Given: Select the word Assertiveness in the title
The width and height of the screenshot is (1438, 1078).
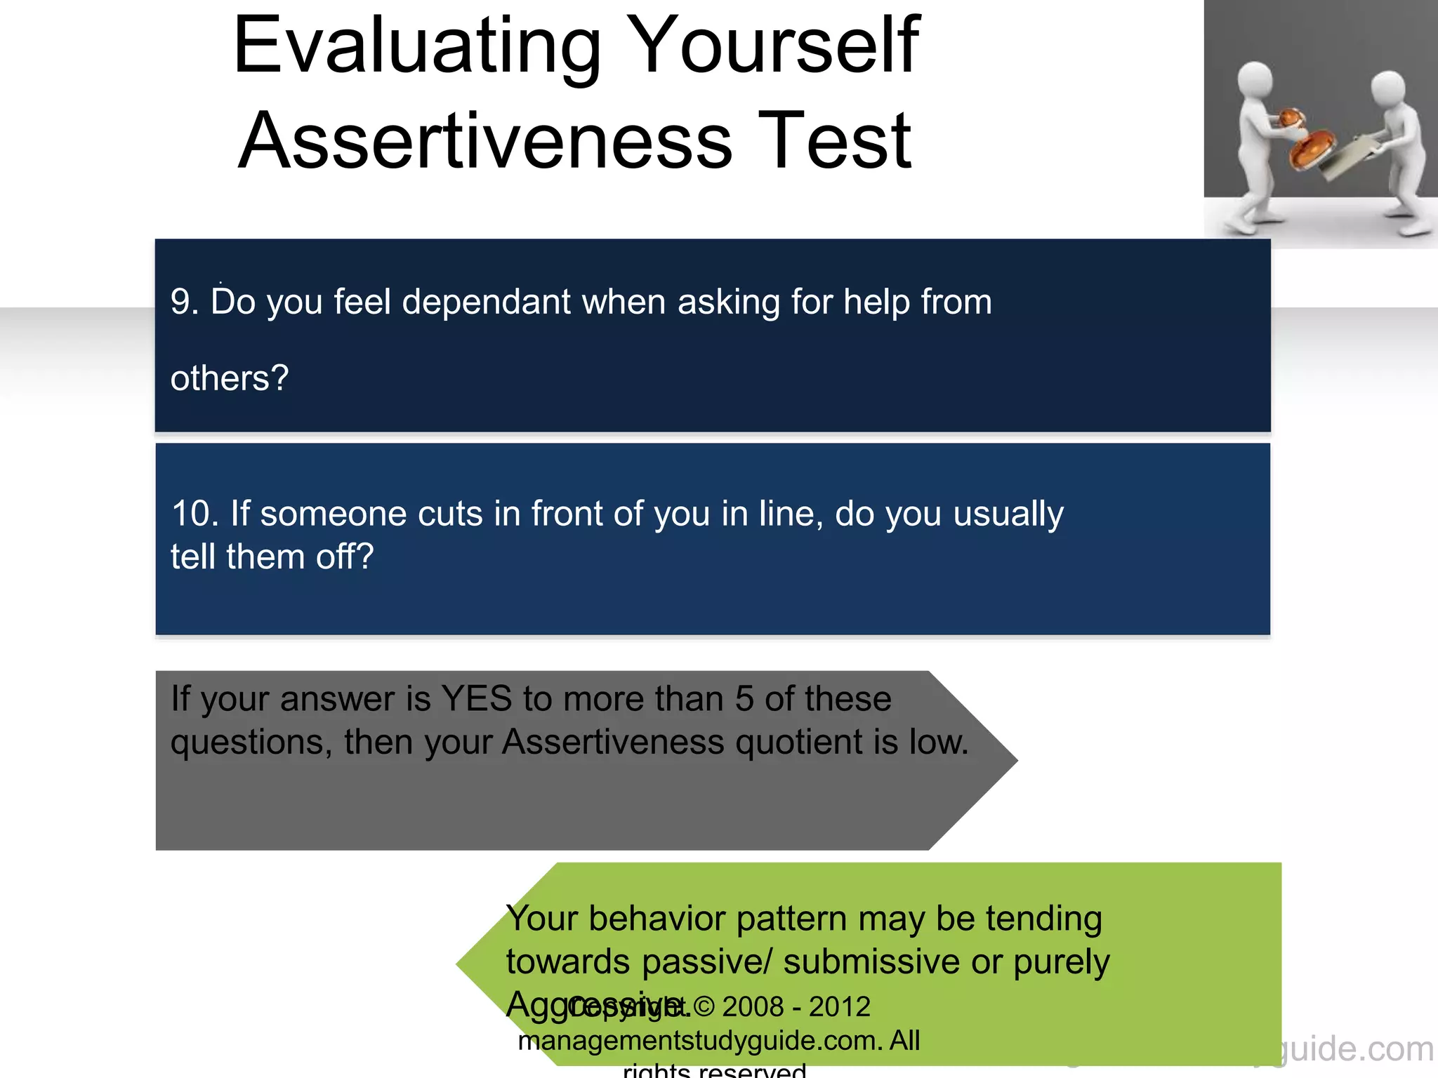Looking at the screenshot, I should [x=486, y=142].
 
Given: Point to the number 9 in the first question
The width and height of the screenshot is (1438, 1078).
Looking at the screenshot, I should [x=180, y=302].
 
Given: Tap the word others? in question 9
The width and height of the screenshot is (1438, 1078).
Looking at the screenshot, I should [x=230, y=379].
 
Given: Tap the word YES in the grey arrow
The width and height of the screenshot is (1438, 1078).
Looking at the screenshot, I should [x=476, y=700].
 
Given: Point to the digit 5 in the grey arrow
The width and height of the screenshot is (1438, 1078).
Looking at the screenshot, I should [x=744, y=700].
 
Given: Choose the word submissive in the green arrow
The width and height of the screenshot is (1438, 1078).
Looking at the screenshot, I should [x=871, y=962].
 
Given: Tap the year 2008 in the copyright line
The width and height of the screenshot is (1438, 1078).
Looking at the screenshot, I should [x=753, y=1007].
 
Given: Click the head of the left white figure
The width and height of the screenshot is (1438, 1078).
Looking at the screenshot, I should [x=1255, y=82].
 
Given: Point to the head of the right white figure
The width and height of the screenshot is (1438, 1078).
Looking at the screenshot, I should [x=1387, y=89].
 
